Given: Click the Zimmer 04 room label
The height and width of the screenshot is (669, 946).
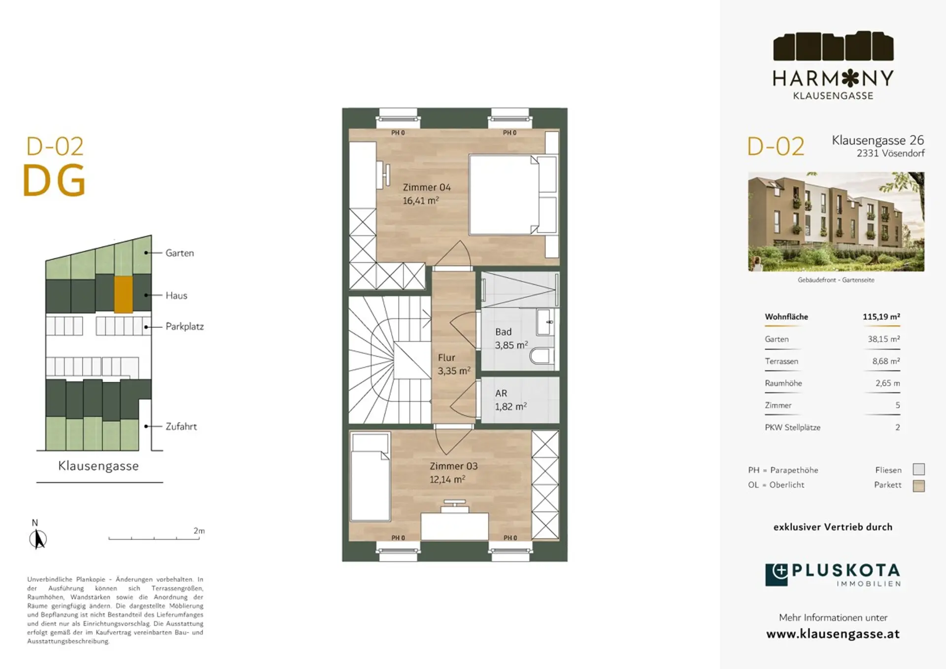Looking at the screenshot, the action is point(427,194).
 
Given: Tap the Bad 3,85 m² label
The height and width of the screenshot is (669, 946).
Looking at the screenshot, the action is point(511,338).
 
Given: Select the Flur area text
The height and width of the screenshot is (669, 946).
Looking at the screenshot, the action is point(454,364).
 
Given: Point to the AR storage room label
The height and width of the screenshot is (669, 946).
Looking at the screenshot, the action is point(511,400).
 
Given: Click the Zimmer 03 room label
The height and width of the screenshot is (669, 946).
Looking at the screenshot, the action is point(453,472).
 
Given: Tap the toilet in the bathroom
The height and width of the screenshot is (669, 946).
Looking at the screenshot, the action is point(542,355).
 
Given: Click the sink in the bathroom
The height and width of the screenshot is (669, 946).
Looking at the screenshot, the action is point(545,322).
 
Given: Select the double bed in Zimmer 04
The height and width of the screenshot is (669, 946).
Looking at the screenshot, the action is point(513,195).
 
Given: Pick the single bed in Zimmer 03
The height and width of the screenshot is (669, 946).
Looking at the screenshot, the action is point(370,477).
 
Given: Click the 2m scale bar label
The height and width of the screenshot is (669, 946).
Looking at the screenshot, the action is point(199,530).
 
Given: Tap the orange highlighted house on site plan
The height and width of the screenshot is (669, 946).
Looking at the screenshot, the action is point(124,294).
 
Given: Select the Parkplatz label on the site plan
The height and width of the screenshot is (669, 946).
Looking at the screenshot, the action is point(184,326).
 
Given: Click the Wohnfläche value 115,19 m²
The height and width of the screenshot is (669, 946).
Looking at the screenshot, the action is point(881,317).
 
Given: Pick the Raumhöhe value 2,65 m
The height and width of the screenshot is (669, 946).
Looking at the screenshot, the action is point(888,383).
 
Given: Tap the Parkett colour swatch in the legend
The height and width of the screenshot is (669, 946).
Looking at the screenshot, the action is point(918,486).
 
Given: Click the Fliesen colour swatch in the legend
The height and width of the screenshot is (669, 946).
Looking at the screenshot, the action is point(918,469).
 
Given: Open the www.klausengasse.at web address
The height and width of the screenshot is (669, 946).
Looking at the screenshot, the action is point(833,634).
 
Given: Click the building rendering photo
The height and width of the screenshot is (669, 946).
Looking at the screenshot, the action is point(836,221).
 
